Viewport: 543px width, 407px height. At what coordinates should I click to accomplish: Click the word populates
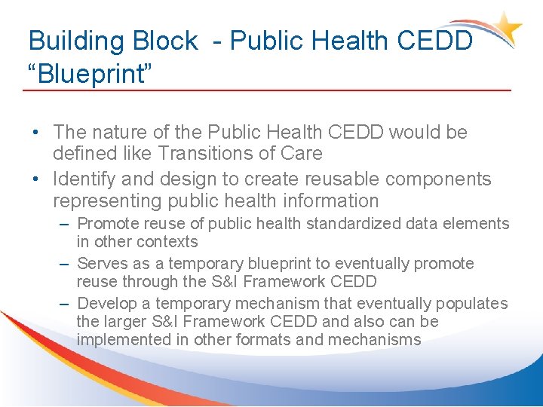coord(471,304)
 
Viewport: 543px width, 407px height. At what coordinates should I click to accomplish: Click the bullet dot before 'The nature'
coord(35,133)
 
